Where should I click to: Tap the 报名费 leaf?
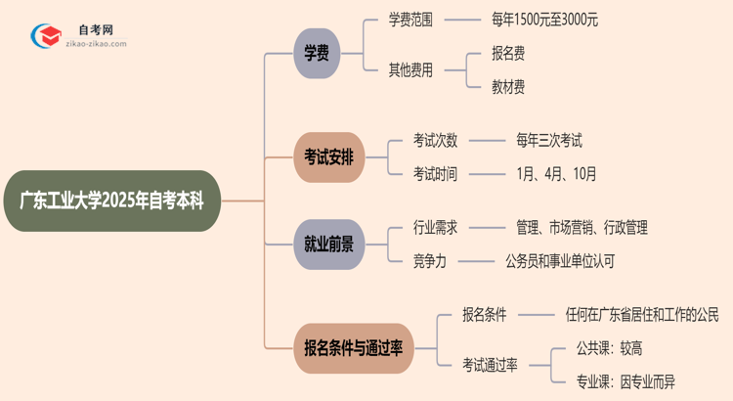tap(508, 54)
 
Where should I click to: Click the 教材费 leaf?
tap(508, 87)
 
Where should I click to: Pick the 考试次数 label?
tap(435, 140)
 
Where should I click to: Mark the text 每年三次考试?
tap(549, 140)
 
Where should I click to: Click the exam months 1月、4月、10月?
tap(556, 174)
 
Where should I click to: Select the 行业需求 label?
tap(435, 227)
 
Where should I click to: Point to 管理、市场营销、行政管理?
tap(582, 227)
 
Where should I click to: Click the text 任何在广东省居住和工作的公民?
tap(641, 314)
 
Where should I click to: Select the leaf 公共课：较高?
tap(609, 347)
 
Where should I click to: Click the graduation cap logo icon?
tap(44, 36)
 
